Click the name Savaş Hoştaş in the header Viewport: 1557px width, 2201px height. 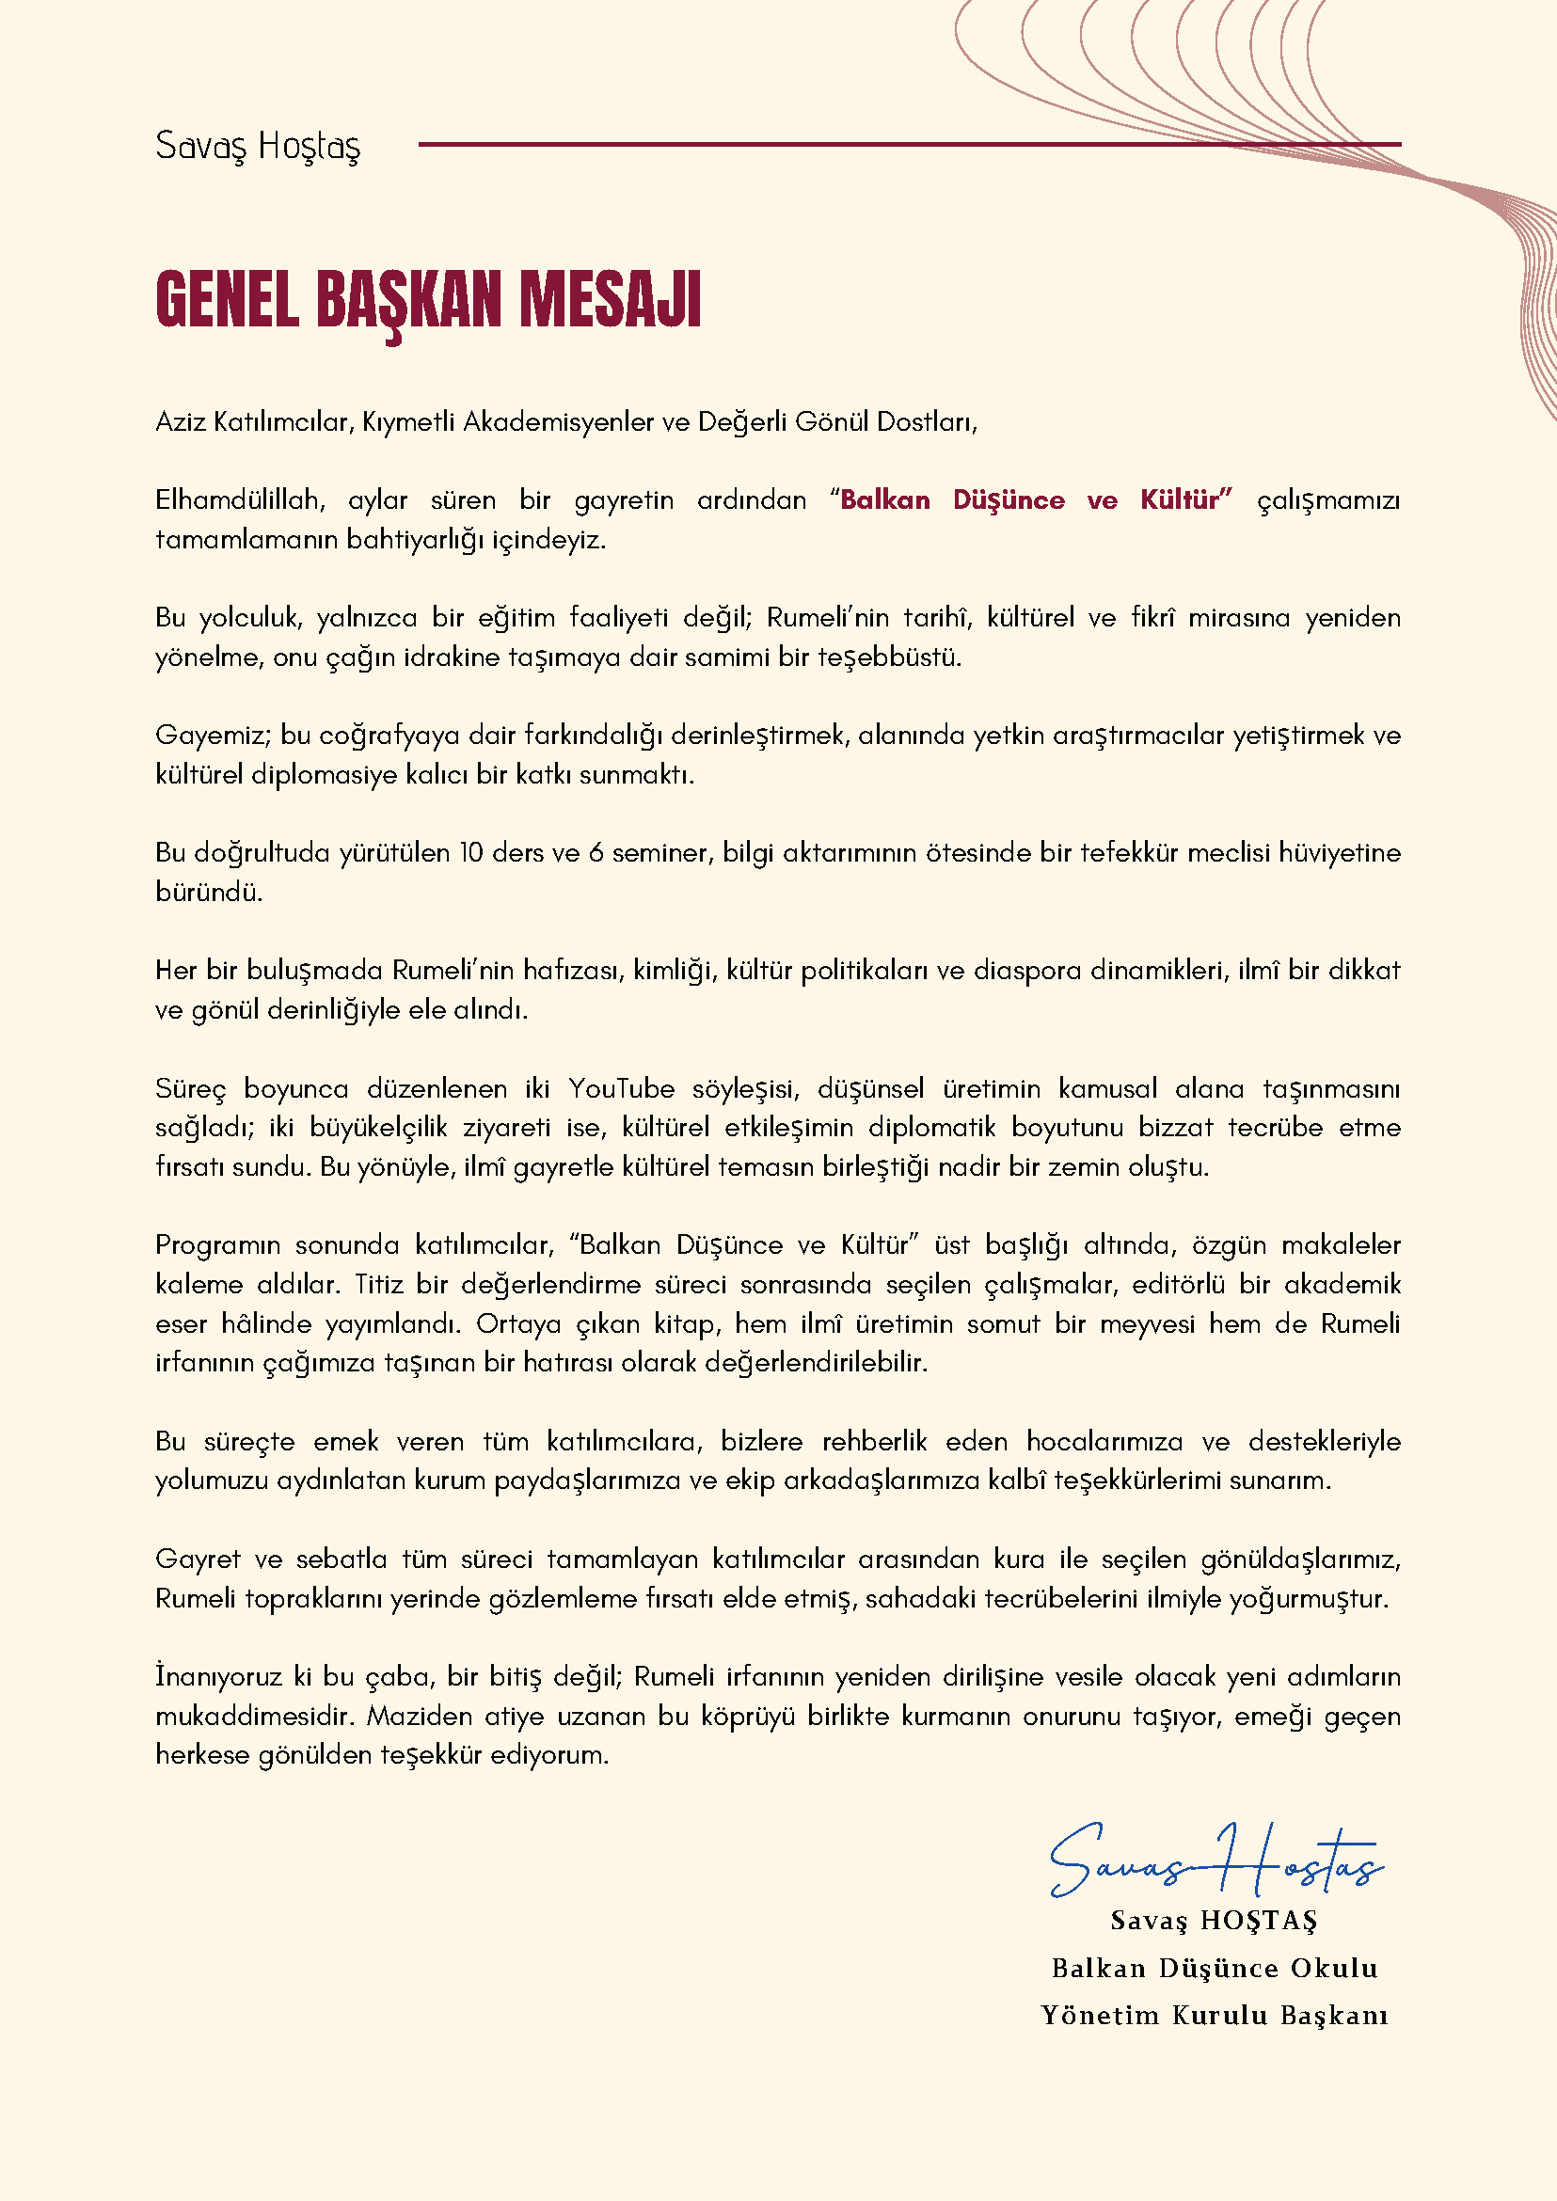point(258,146)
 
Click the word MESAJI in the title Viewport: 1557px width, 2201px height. point(610,301)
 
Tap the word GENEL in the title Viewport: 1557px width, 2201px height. point(228,301)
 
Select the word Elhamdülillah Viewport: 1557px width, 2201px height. point(240,500)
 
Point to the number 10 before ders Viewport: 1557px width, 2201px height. point(470,853)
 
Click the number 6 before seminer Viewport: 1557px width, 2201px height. point(596,853)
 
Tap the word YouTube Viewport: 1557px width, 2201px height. point(621,1089)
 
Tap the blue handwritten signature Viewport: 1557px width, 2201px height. point(1215,1862)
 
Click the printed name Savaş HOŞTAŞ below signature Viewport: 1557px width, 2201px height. point(1214,1921)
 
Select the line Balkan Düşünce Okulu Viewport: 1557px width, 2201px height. point(1214,1968)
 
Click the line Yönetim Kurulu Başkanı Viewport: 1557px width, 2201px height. point(1214,2015)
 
